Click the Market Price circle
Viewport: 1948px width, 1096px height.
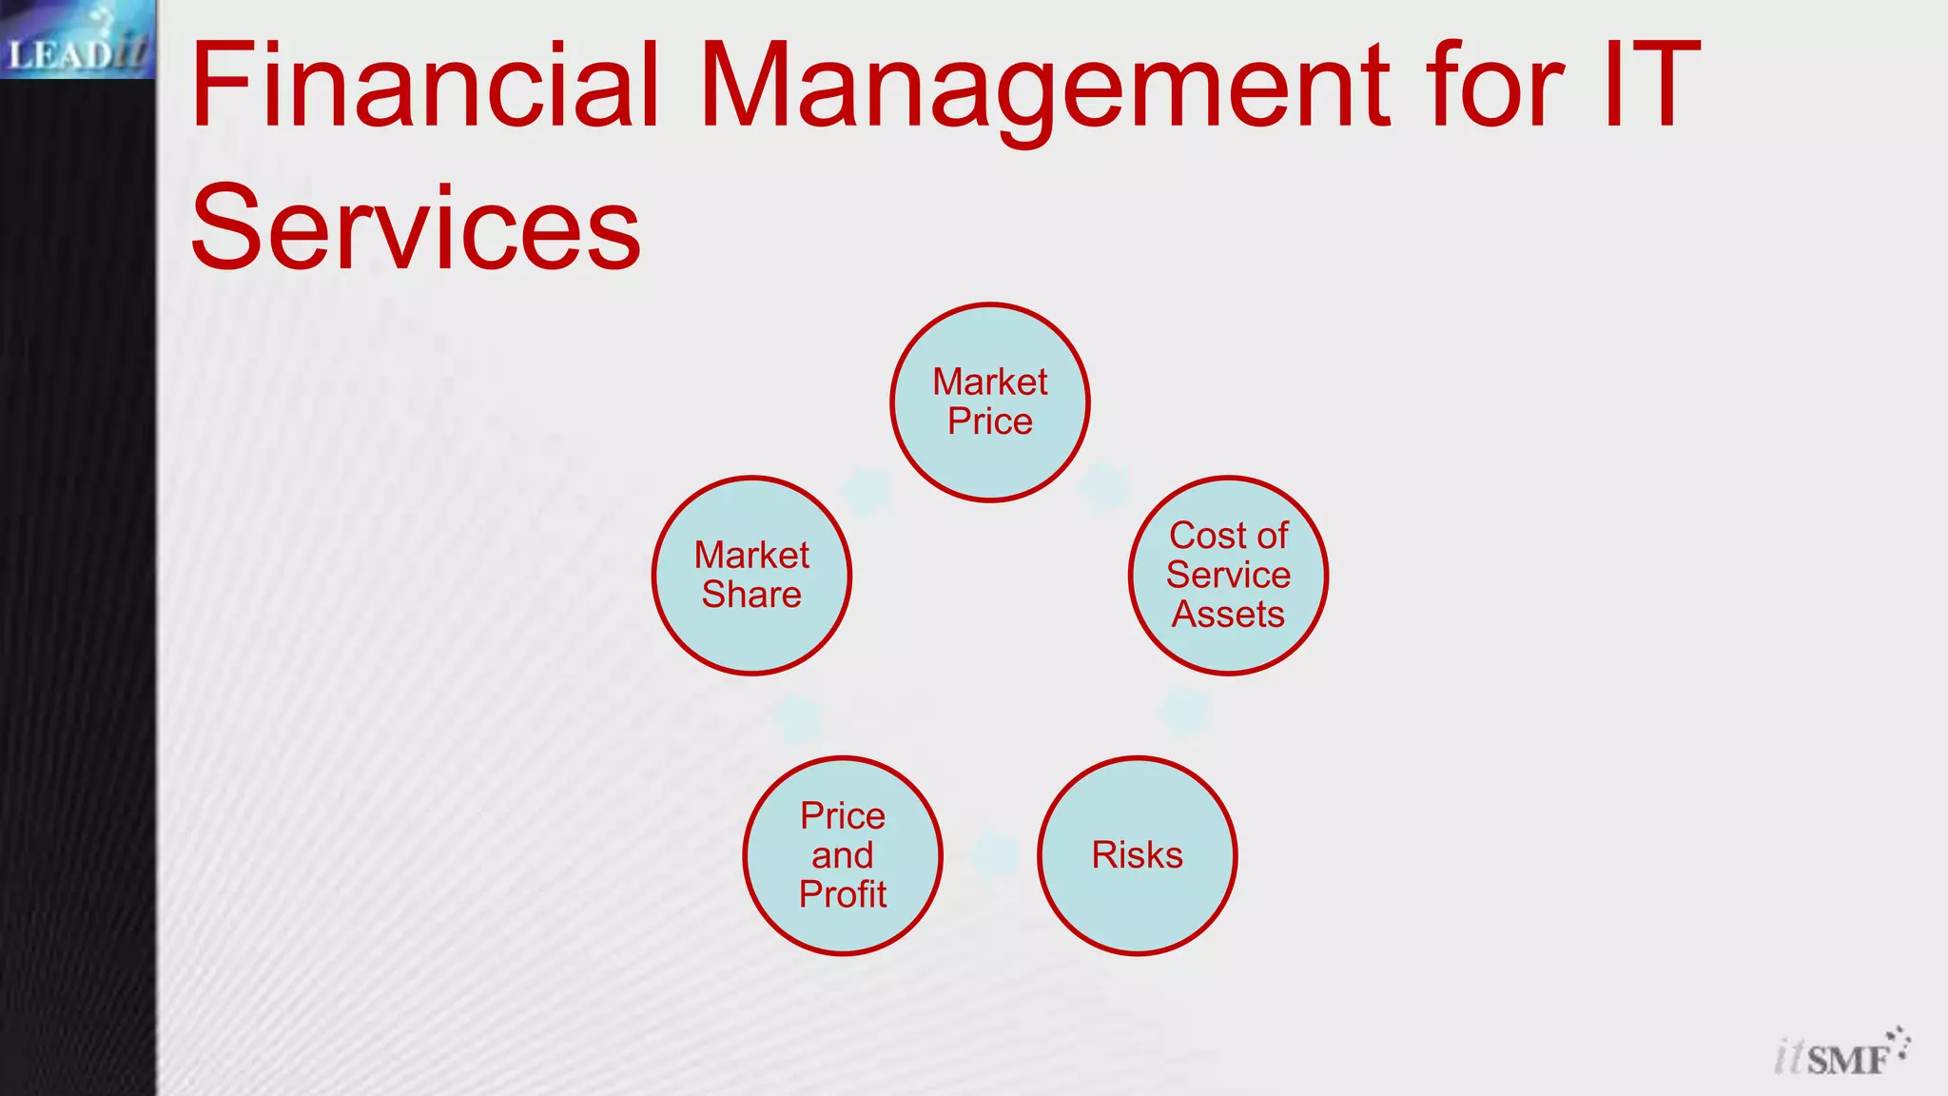989,402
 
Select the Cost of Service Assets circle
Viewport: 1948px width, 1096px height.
1228,576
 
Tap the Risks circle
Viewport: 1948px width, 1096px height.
1137,855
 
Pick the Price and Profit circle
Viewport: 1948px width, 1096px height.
843,855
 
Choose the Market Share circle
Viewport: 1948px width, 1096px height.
751,576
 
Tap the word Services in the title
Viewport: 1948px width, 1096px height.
416,228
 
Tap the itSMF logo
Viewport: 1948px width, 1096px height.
1841,1052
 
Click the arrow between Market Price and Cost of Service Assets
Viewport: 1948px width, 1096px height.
1104,484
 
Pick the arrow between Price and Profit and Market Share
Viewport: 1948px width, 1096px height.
798,718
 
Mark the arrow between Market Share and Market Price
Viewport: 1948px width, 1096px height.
867,491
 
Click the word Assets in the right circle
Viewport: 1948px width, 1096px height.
1228,615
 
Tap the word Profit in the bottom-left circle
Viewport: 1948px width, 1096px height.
843,894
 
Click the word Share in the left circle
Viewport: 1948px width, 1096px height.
751,595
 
